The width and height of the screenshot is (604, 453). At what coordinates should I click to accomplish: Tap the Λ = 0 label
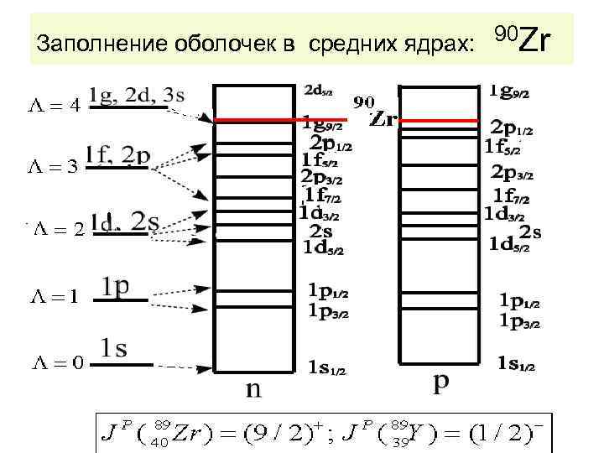click(57, 362)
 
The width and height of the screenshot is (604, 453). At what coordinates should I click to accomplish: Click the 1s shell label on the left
click(114, 347)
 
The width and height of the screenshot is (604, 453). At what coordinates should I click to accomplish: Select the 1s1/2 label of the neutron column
click(328, 366)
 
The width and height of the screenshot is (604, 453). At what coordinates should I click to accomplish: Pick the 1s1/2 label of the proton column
click(514, 363)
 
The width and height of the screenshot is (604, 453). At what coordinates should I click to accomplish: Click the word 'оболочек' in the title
click(167, 41)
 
